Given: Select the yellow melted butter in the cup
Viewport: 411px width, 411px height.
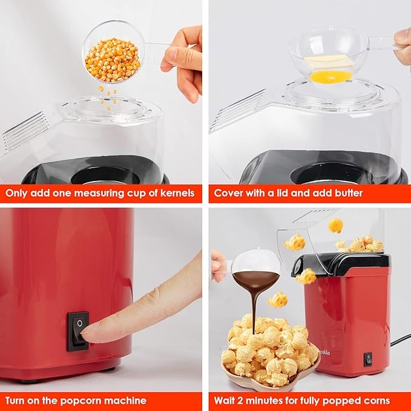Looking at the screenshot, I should [x=331, y=76].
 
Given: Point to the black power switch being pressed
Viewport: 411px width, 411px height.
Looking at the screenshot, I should [x=77, y=330].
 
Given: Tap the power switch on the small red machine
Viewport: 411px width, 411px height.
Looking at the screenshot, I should [x=367, y=360].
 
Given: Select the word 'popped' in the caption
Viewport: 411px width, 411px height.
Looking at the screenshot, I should [x=341, y=400].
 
